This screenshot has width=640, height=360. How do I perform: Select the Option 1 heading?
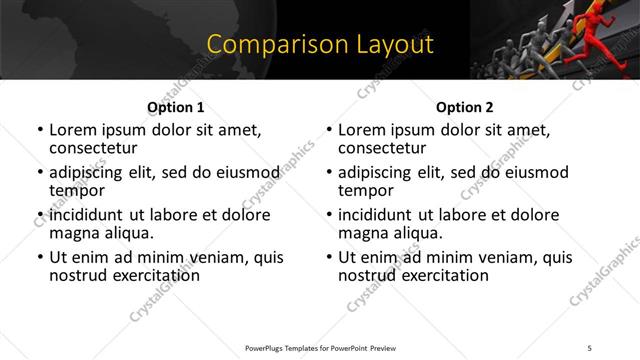(x=176, y=107)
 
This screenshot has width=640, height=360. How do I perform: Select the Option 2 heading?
(x=464, y=107)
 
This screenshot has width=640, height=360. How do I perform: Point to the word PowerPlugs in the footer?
(x=267, y=348)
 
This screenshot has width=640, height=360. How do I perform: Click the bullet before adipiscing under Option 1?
(x=39, y=173)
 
